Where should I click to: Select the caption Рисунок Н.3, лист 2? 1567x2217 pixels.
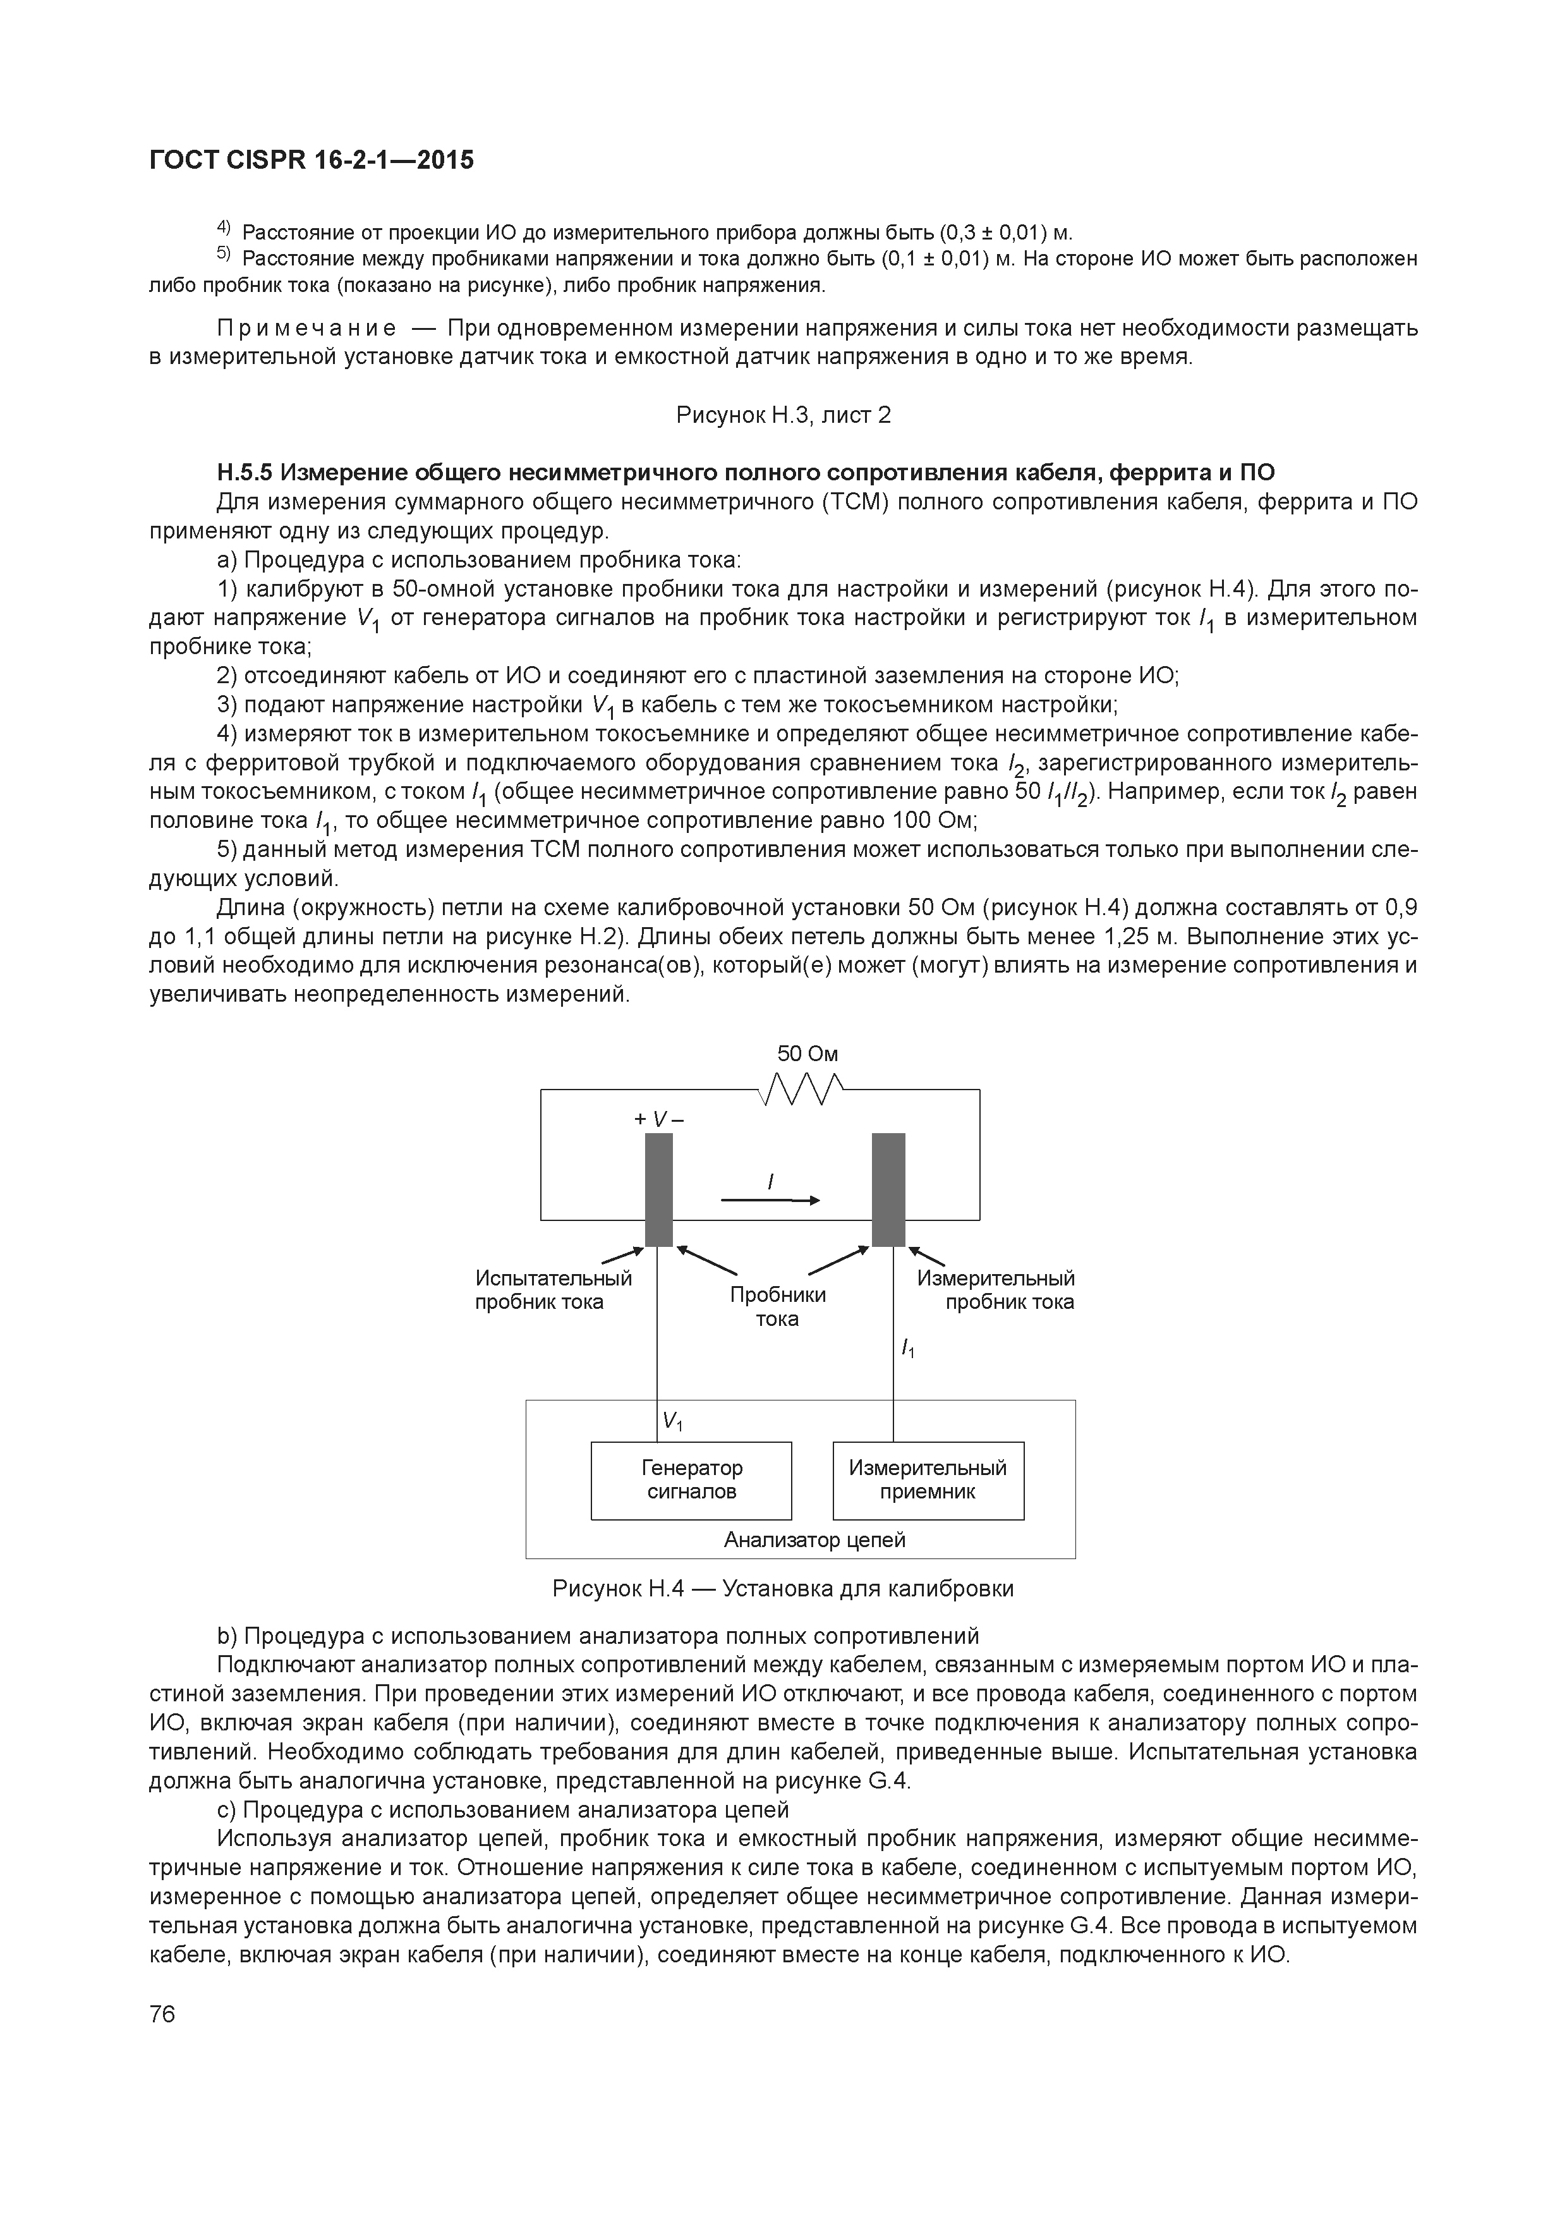(783, 415)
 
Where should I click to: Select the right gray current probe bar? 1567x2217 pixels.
(888, 1189)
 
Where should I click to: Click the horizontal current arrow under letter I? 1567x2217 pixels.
(770, 1200)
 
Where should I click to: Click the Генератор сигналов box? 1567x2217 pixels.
(691, 1480)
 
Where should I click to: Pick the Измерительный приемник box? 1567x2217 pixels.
(928, 1480)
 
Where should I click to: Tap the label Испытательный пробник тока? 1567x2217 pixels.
(554, 1290)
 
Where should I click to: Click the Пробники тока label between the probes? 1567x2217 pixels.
(777, 1306)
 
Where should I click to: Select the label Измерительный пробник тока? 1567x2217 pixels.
(995, 1290)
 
